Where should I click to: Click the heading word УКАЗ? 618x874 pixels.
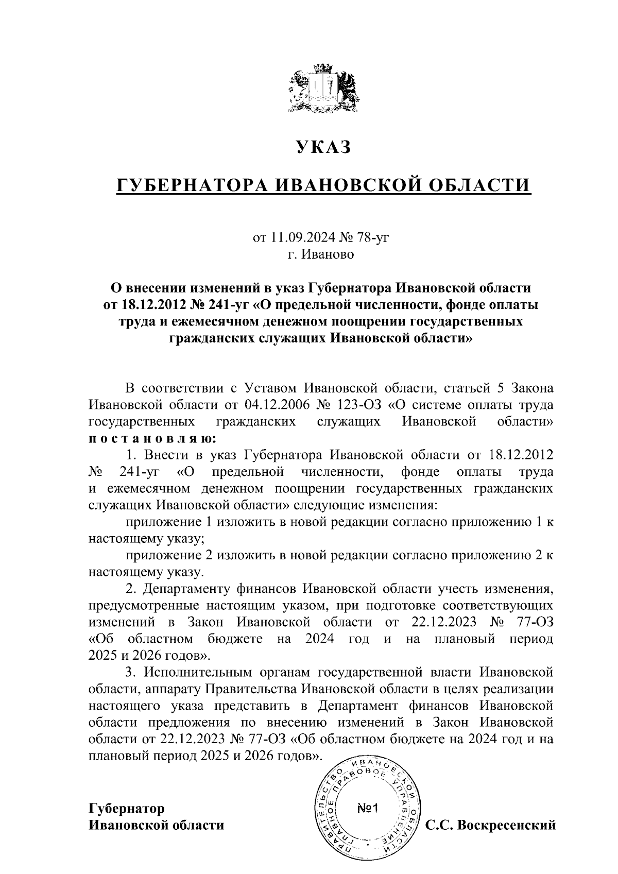(323, 147)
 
